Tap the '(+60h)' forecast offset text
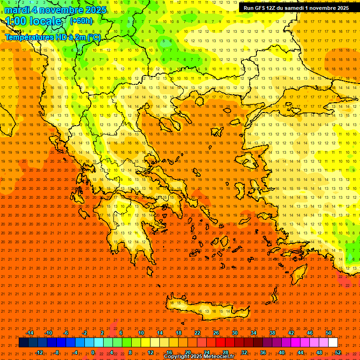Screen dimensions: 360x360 [x=81, y=21]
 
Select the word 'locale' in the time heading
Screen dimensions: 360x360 [x=45, y=21]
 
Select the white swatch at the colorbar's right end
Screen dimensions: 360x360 [x=333, y=343]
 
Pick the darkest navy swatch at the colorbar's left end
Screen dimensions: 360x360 [x=24, y=343]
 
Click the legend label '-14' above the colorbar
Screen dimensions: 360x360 [x=30, y=333]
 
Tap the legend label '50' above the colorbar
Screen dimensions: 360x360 [x=329, y=333]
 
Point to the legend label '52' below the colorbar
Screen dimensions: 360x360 [x=338, y=352]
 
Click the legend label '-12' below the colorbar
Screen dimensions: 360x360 [x=39, y=352]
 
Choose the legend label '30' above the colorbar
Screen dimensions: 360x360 [x=234, y=333]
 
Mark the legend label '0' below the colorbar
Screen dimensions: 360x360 [x=93, y=352]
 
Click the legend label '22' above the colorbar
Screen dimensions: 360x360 [x=197, y=333]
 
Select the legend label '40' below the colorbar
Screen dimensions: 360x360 [x=281, y=352]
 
